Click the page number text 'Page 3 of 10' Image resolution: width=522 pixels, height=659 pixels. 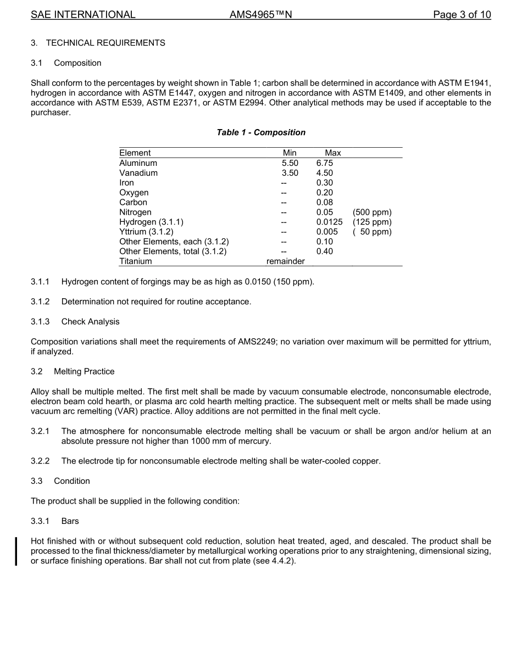click(x=462, y=15)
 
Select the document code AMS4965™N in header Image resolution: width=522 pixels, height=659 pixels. click(x=260, y=15)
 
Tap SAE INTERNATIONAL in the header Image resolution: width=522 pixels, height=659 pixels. click(x=83, y=15)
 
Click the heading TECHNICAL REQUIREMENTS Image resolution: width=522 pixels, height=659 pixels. click(x=105, y=43)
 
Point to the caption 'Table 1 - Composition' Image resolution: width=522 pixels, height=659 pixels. click(x=261, y=132)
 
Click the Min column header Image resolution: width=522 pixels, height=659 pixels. click(x=290, y=153)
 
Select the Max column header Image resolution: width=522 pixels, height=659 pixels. click(x=332, y=153)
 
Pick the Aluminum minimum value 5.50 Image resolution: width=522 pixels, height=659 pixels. click(x=290, y=163)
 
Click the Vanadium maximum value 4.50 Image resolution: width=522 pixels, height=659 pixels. click(x=324, y=173)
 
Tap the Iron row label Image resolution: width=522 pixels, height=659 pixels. click(x=126, y=183)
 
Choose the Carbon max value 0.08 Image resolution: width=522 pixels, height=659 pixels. click(x=324, y=203)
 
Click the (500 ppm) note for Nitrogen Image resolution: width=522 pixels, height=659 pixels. click(x=372, y=213)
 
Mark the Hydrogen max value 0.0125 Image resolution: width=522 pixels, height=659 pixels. click(x=329, y=222)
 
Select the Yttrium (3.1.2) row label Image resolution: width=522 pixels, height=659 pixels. click(x=146, y=232)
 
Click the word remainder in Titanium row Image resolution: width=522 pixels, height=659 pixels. click(x=285, y=262)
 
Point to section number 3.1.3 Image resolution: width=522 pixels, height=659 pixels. click(x=40, y=322)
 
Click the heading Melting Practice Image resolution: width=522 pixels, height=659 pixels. click(x=84, y=372)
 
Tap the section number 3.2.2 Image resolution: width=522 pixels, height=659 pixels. click(x=40, y=461)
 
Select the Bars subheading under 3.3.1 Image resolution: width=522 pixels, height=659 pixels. click(x=70, y=521)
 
